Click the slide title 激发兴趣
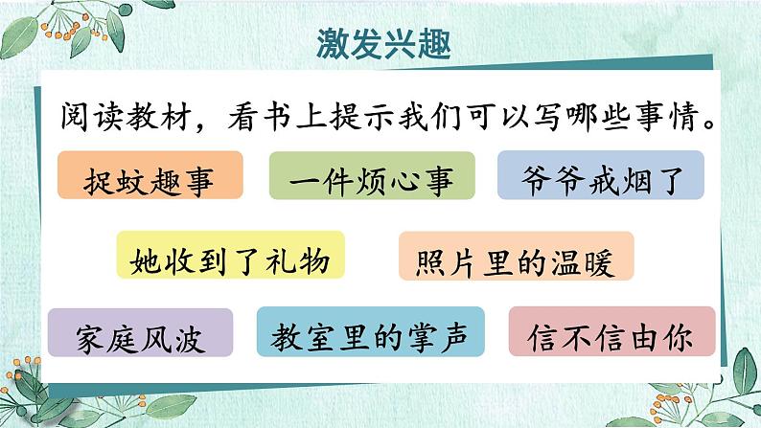(x=381, y=44)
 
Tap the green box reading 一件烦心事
(x=372, y=176)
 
